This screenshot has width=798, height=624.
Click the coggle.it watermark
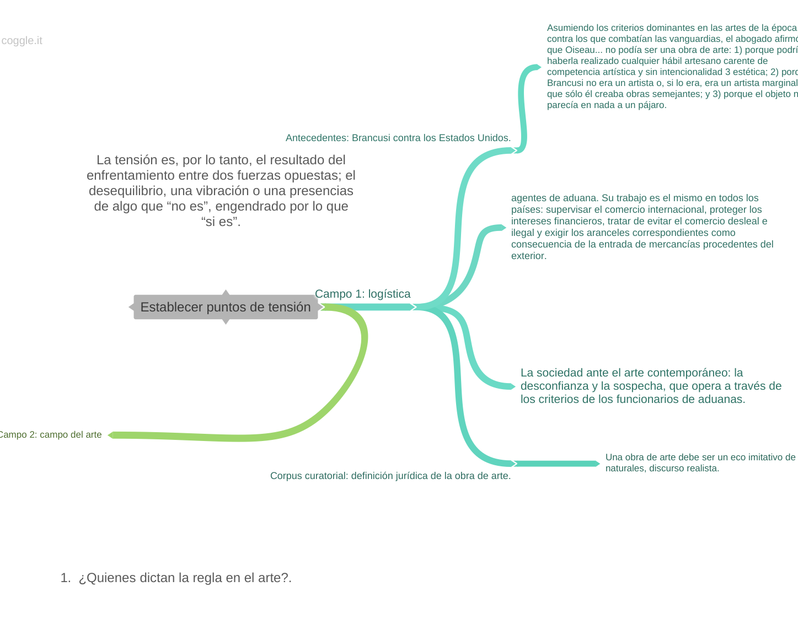pos(22,41)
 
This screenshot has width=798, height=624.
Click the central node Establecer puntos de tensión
pos(226,307)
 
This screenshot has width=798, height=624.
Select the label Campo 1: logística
pos(362,294)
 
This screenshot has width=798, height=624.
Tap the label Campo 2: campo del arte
pos(50,434)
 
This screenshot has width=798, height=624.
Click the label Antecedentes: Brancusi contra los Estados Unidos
pos(398,138)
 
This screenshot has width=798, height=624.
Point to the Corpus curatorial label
pos(390,476)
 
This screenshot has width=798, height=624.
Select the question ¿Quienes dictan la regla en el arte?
pos(185,578)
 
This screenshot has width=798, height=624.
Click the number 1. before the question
pos(66,578)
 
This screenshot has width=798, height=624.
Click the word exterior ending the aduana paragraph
pos(528,256)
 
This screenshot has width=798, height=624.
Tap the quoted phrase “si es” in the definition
pos(221,222)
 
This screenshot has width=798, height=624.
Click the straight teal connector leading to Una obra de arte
pos(557,464)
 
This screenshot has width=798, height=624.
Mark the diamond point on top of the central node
pos(226,292)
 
